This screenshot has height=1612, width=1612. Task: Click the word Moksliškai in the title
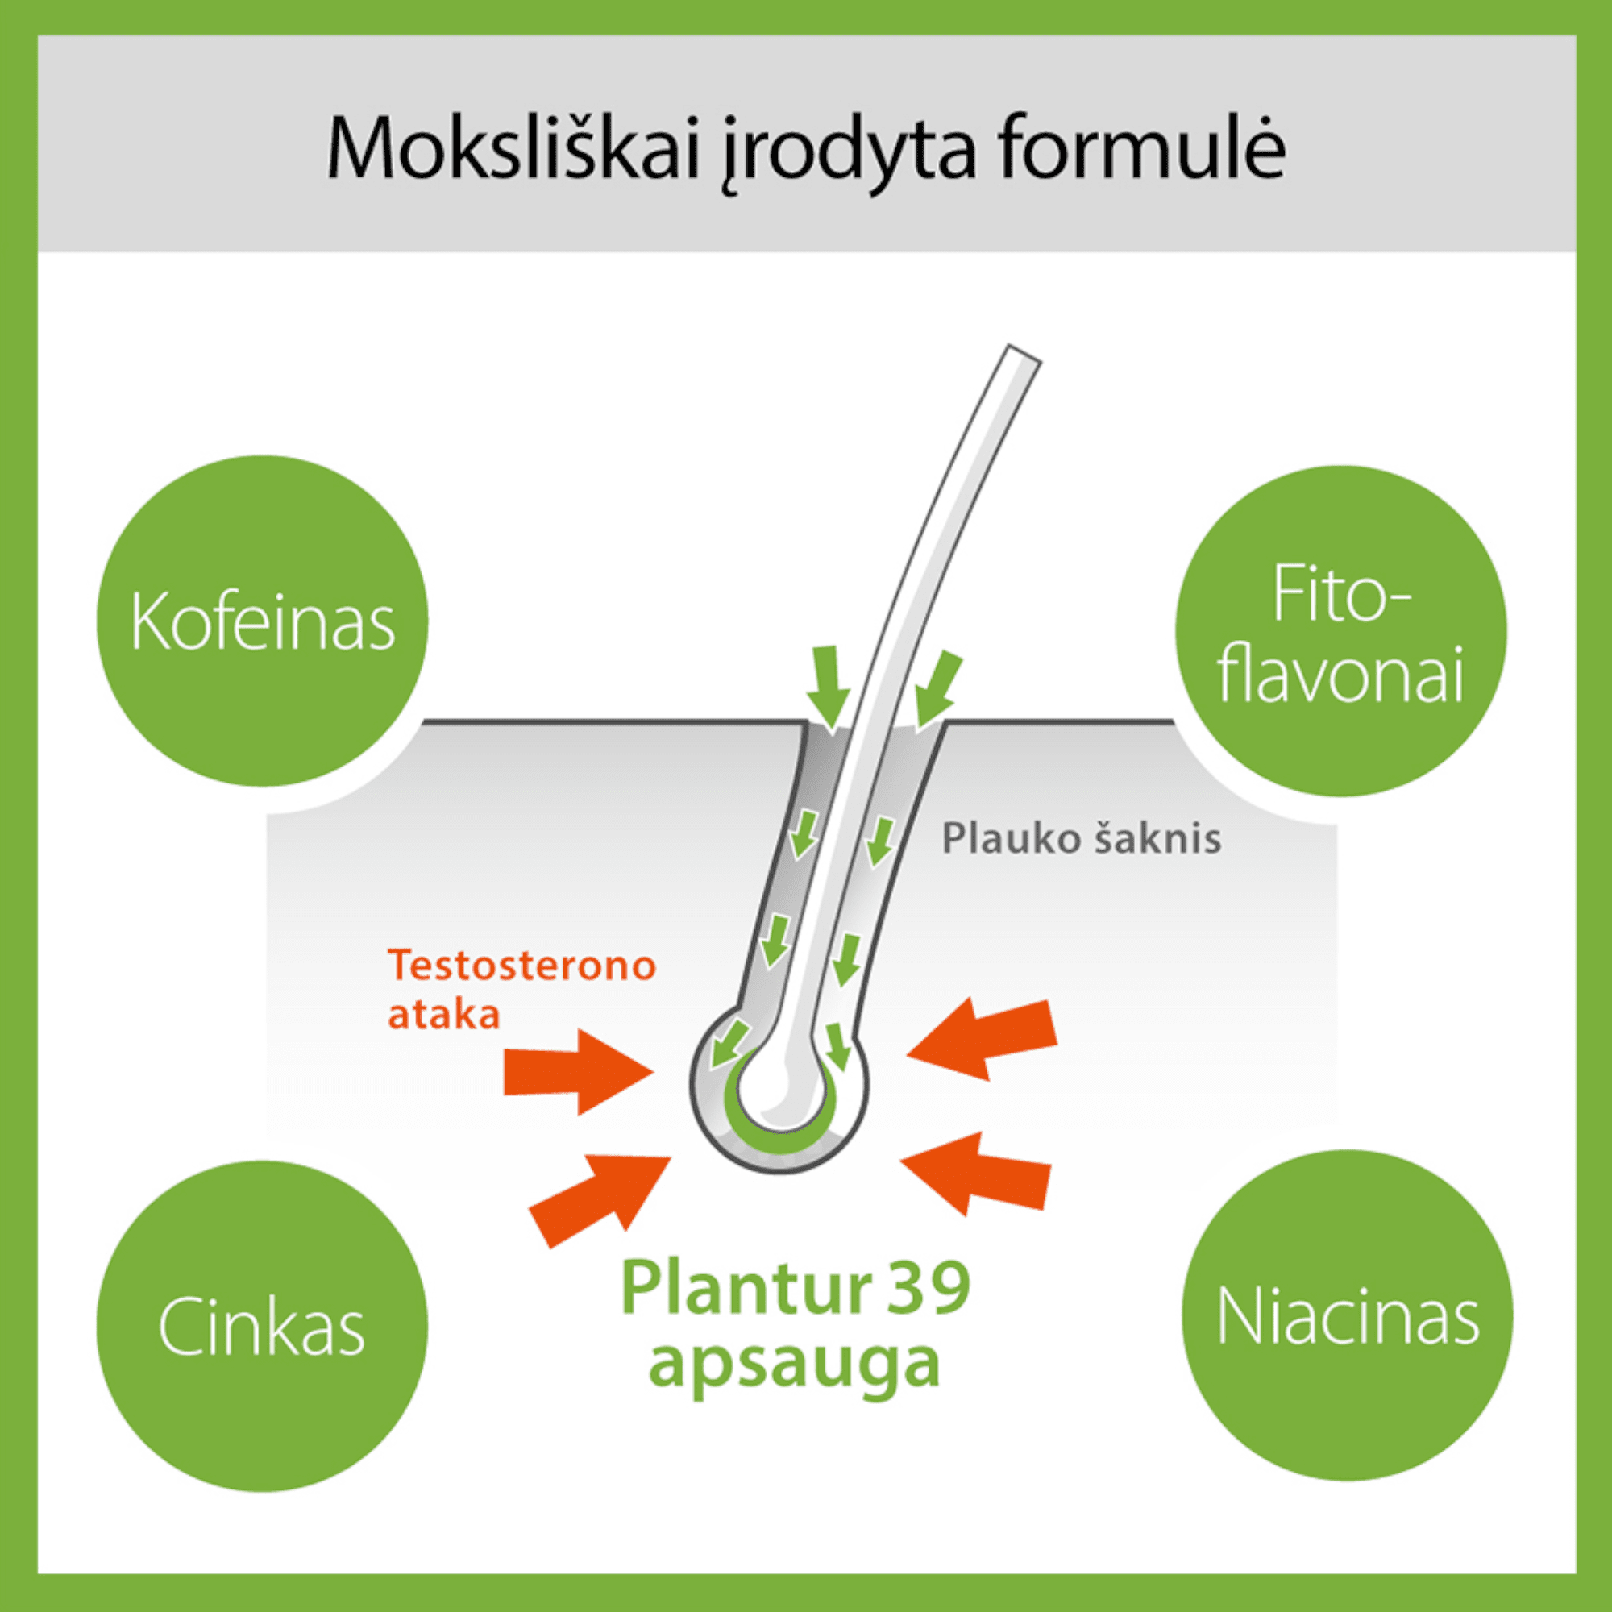click(513, 148)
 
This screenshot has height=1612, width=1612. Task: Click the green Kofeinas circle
click(262, 621)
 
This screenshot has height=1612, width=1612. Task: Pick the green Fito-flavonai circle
click(1341, 631)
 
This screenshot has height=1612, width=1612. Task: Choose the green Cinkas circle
click(262, 1326)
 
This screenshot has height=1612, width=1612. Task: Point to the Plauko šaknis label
click(1082, 837)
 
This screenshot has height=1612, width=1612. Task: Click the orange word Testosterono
click(522, 966)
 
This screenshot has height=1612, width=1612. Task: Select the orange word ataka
click(444, 1015)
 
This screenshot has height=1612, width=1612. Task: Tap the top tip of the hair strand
click(1024, 353)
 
